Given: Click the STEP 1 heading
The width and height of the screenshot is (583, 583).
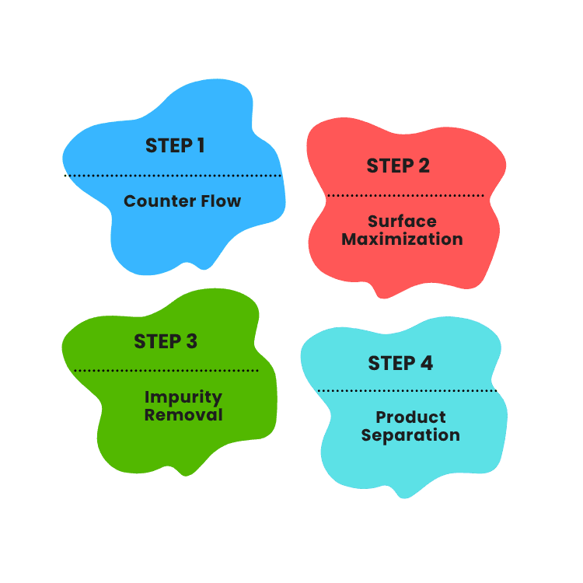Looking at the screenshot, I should (175, 145).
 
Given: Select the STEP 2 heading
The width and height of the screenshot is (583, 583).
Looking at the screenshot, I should (398, 166).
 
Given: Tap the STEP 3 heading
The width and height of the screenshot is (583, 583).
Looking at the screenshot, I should (166, 341).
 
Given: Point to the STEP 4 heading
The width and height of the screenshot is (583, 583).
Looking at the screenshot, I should (400, 363).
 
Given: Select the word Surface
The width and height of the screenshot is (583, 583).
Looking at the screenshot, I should (402, 222).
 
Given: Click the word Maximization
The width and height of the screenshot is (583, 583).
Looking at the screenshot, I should (402, 239).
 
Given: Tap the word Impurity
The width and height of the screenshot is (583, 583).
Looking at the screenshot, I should (183, 397).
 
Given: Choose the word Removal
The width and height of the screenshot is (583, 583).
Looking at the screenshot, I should (183, 415).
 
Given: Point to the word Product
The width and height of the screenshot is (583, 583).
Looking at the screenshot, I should (410, 417).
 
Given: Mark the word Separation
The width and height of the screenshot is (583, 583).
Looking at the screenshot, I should (410, 435).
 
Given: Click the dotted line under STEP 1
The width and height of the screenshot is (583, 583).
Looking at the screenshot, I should (173, 176).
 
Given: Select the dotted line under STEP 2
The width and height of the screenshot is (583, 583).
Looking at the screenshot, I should (405, 196).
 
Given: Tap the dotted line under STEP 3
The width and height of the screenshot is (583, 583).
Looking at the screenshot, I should (166, 371).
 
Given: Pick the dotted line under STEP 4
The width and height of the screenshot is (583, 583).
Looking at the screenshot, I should (407, 391).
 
